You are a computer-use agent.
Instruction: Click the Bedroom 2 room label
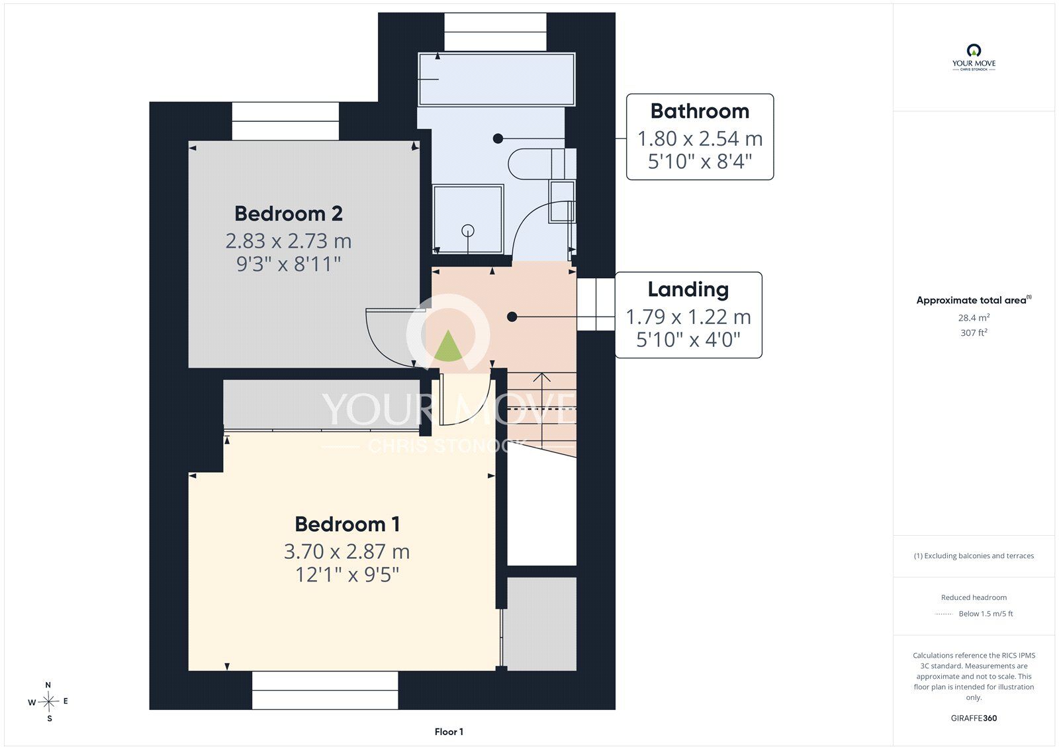(289, 214)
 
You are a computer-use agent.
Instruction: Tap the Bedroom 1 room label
(347, 524)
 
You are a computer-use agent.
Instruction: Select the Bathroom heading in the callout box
(700, 111)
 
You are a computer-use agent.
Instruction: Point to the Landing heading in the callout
(688, 289)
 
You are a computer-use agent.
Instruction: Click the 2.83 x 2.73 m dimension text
(289, 241)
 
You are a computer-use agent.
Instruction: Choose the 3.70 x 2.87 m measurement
(347, 552)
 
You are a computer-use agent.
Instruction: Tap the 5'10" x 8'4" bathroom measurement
(700, 162)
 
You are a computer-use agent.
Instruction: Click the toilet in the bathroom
(542, 164)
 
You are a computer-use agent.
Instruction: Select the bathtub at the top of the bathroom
(497, 79)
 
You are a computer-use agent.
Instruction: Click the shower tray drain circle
(467, 230)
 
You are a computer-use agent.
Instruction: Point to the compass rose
(49, 701)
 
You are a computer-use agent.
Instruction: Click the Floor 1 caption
(449, 732)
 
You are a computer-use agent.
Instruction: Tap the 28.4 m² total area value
(974, 317)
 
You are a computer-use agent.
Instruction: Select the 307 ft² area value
(974, 332)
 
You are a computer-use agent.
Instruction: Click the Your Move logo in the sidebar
(974, 57)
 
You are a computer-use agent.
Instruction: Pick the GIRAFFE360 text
(974, 718)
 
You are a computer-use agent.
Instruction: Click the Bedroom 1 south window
(325, 690)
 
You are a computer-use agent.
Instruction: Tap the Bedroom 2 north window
(285, 121)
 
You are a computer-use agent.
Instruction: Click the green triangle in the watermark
(447, 346)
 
